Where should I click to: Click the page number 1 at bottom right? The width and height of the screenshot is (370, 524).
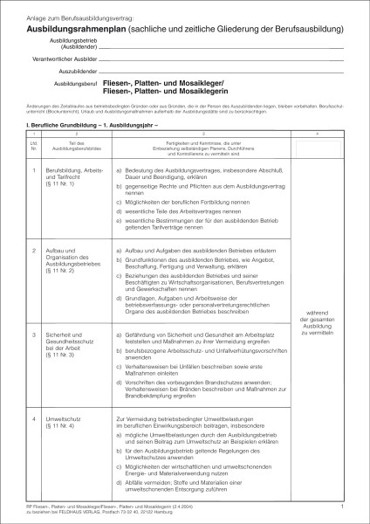click(343, 506)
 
